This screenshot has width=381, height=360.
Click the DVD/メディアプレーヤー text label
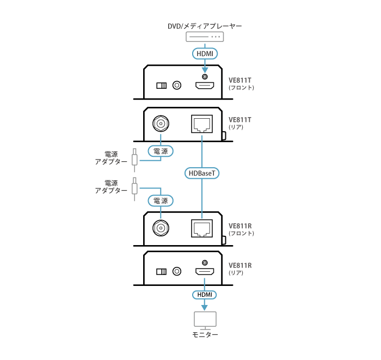click(204, 26)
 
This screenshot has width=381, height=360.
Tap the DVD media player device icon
click(205, 37)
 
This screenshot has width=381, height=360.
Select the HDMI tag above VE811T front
click(205, 53)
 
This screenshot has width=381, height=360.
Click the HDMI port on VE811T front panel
click(205, 86)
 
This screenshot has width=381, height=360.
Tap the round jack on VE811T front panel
click(177, 86)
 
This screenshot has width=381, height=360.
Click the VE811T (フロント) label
click(241, 83)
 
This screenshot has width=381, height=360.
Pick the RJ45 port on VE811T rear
click(202, 124)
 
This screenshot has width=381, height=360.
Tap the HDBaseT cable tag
click(202, 173)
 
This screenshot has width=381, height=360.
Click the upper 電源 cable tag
click(161, 150)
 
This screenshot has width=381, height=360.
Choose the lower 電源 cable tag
click(161, 200)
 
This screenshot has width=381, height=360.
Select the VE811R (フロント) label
click(241, 229)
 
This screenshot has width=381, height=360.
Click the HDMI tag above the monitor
click(205, 295)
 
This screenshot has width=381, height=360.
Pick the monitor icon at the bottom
click(205, 319)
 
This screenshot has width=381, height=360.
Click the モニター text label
click(205, 334)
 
